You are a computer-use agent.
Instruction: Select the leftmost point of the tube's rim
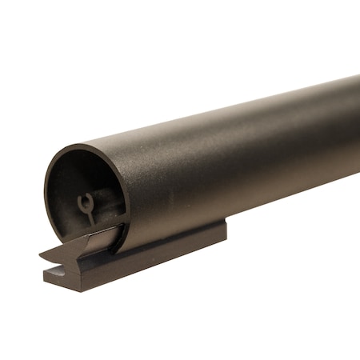[46, 192]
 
